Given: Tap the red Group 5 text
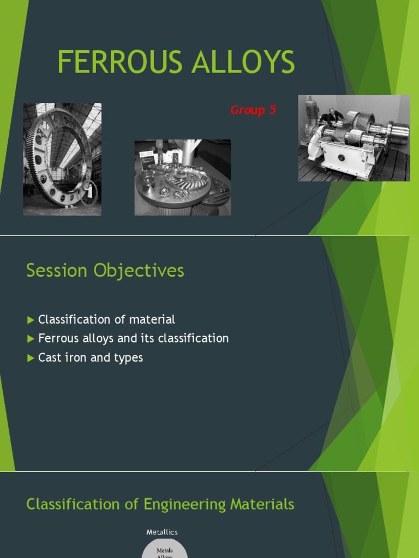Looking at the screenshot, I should pyautogui.click(x=253, y=110).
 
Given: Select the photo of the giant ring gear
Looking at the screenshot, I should pyautogui.click(x=62, y=159).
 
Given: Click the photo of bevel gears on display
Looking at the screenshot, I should pyautogui.click(x=182, y=177).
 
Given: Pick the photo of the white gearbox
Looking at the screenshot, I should pyautogui.click(x=354, y=138).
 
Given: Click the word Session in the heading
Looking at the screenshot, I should pyautogui.click(x=57, y=271).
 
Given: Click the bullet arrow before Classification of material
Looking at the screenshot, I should pyautogui.click(x=31, y=320).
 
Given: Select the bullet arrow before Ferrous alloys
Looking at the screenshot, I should pyautogui.click(x=31, y=339).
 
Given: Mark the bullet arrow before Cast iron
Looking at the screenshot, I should pyautogui.click(x=31, y=358).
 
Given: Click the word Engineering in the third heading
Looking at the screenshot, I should pyautogui.click(x=186, y=505).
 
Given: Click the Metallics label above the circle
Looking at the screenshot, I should pyautogui.click(x=162, y=532).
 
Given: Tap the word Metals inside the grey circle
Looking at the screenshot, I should pyautogui.click(x=165, y=550).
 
